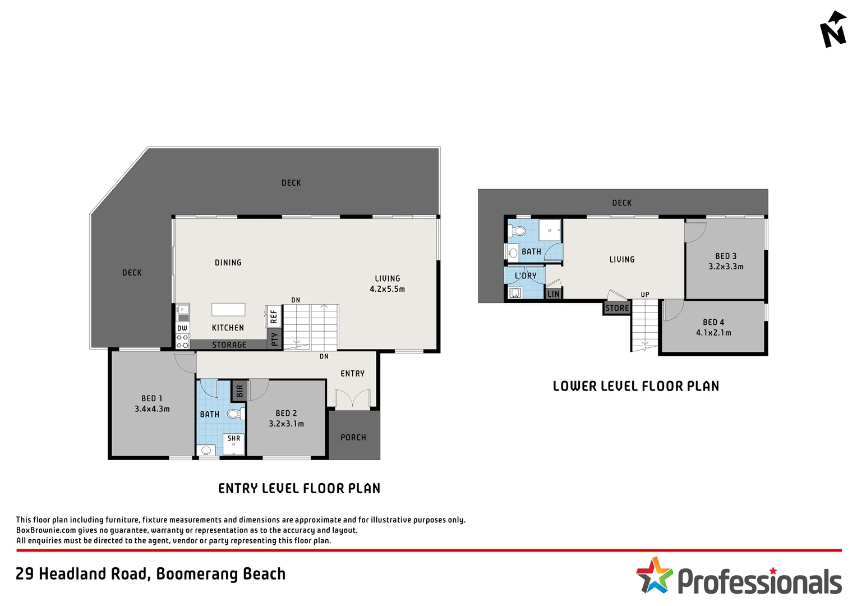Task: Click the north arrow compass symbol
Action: pyautogui.click(x=833, y=30)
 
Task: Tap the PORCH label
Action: pyautogui.click(x=353, y=438)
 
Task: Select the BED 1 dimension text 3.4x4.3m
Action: pyautogui.click(x=152, y=409)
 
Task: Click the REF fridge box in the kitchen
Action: pyautogui.click(x=274, y=317)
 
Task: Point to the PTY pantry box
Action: pyautogui.click(x=274, y=339)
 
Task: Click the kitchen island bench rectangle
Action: pyautogui.click(x=228, y=310)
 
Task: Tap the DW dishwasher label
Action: pyautogui.click(x=182, y=328)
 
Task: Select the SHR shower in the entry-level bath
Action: pyautogui.click(x=234, y=443)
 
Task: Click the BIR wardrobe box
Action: pyautogui.click(x=239, y=391)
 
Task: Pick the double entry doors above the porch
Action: pyautogui.click(x=353, y=399)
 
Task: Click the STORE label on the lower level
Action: pyautogui.click(x=617, y=309)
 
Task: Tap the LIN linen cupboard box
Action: pyautogui.click(x=553, y=293)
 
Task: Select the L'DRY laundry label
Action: pyautogui.click(x=526, y=276)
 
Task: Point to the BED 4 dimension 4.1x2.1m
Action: pyautogui.click(x=713, y=333)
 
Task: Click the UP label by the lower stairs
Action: pyautogui.click(x=645, y=295)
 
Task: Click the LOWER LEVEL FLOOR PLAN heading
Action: pyautogui.click(x=635, y=386)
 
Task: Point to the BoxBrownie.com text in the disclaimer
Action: pyautogui.click(x=46, y=530)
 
